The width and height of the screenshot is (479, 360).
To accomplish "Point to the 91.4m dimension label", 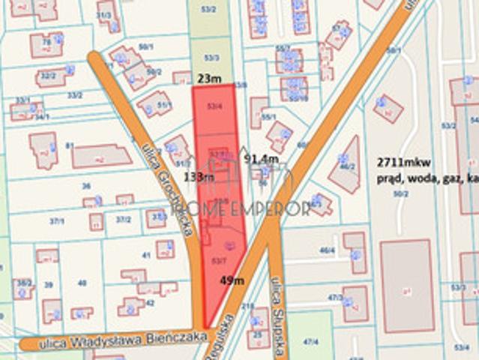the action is click(262, 159).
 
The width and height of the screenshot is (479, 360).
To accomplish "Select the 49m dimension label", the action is click(232, 280).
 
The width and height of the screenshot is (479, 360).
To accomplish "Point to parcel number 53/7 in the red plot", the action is click(218, 260).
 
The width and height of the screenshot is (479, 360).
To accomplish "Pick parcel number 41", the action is click(146, 255).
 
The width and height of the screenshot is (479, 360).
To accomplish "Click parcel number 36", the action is click(86, 186).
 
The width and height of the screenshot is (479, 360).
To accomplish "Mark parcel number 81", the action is click(70, 145).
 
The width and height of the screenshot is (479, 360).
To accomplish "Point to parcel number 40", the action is click(82, 283).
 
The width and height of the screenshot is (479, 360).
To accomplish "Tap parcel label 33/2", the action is click(75, 95).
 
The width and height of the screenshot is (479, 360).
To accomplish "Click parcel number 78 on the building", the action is click(46, 42).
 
